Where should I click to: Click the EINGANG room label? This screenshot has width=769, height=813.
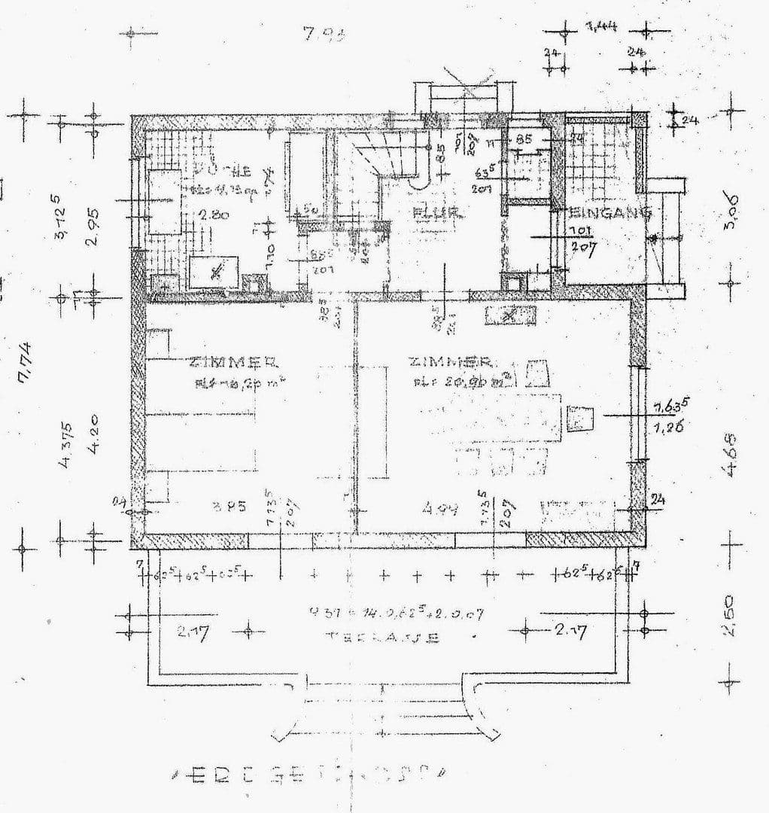[x=611, y=213]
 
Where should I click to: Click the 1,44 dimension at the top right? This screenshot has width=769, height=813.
[x=601, y=28]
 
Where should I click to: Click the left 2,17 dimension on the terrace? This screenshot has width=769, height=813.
[x=193, y=633]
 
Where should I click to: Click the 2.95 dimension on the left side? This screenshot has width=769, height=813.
[x=93, y=227]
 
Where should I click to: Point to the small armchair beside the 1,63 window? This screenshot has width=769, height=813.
[x=580, y=418]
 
